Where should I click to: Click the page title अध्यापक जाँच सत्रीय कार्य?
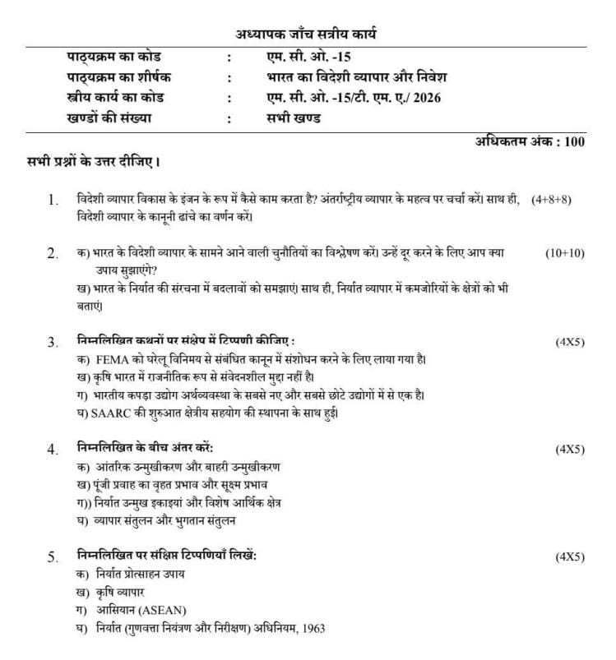tap(307, 35)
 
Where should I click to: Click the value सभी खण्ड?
tap(288, 118)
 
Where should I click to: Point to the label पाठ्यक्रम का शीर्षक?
tap(124, 77)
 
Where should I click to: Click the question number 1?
tap(53, 200)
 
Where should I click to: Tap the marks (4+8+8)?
tap(551, 200)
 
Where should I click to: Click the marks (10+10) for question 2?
tap(564, 253)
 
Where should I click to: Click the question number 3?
tap(53, 342)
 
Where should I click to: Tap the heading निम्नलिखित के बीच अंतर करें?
tap(145, 449)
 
